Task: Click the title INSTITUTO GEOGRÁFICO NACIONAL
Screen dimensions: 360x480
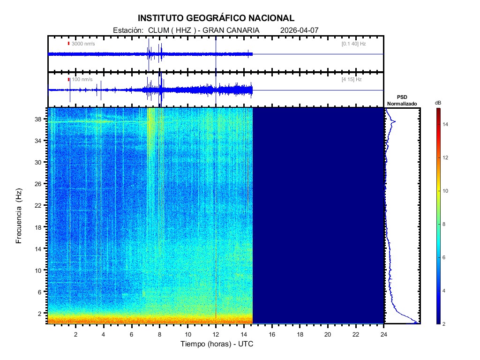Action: click(x=216, y=18)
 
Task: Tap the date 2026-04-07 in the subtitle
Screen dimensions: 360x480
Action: click(x=299, y=30)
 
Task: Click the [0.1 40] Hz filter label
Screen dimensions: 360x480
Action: click(x=353, y=44)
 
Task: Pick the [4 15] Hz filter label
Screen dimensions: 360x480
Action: click(x=352, y=80)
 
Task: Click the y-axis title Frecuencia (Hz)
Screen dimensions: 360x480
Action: click(x=19, y=216)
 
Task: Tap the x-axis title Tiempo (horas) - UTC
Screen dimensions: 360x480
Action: click(x=217, y=344)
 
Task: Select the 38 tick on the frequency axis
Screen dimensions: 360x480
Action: click(x=41, y=119)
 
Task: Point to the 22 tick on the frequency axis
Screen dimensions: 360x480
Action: click(x=41, y=205)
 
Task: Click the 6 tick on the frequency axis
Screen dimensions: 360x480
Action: click(x=43, y=292)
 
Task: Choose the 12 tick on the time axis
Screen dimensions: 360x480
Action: click(x=216, y=334)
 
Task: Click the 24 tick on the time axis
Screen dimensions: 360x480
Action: click(x=384, y=334)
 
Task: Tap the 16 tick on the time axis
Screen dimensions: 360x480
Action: click(x=272, y=334)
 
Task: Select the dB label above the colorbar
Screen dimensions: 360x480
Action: click(x=438, y=103)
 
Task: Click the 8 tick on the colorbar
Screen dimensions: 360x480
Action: click(x=446, y=225)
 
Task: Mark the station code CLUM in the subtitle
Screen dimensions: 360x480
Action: click(x=157, y=30)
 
